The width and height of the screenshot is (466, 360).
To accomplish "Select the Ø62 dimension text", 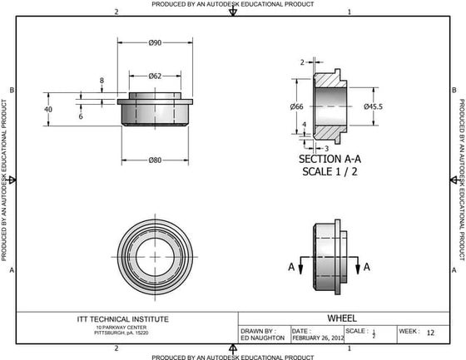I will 155,76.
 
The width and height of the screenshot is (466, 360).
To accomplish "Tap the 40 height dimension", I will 48,109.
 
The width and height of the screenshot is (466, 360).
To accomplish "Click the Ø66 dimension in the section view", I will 297,106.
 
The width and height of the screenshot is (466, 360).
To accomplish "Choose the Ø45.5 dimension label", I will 373,106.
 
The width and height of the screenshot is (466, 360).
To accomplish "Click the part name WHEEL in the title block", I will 342,318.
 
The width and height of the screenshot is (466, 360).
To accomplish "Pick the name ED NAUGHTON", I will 262,338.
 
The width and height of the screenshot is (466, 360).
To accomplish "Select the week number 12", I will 430,333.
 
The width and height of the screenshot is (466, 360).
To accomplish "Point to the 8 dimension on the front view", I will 102,81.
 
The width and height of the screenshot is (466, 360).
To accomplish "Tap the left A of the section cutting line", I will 290,267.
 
